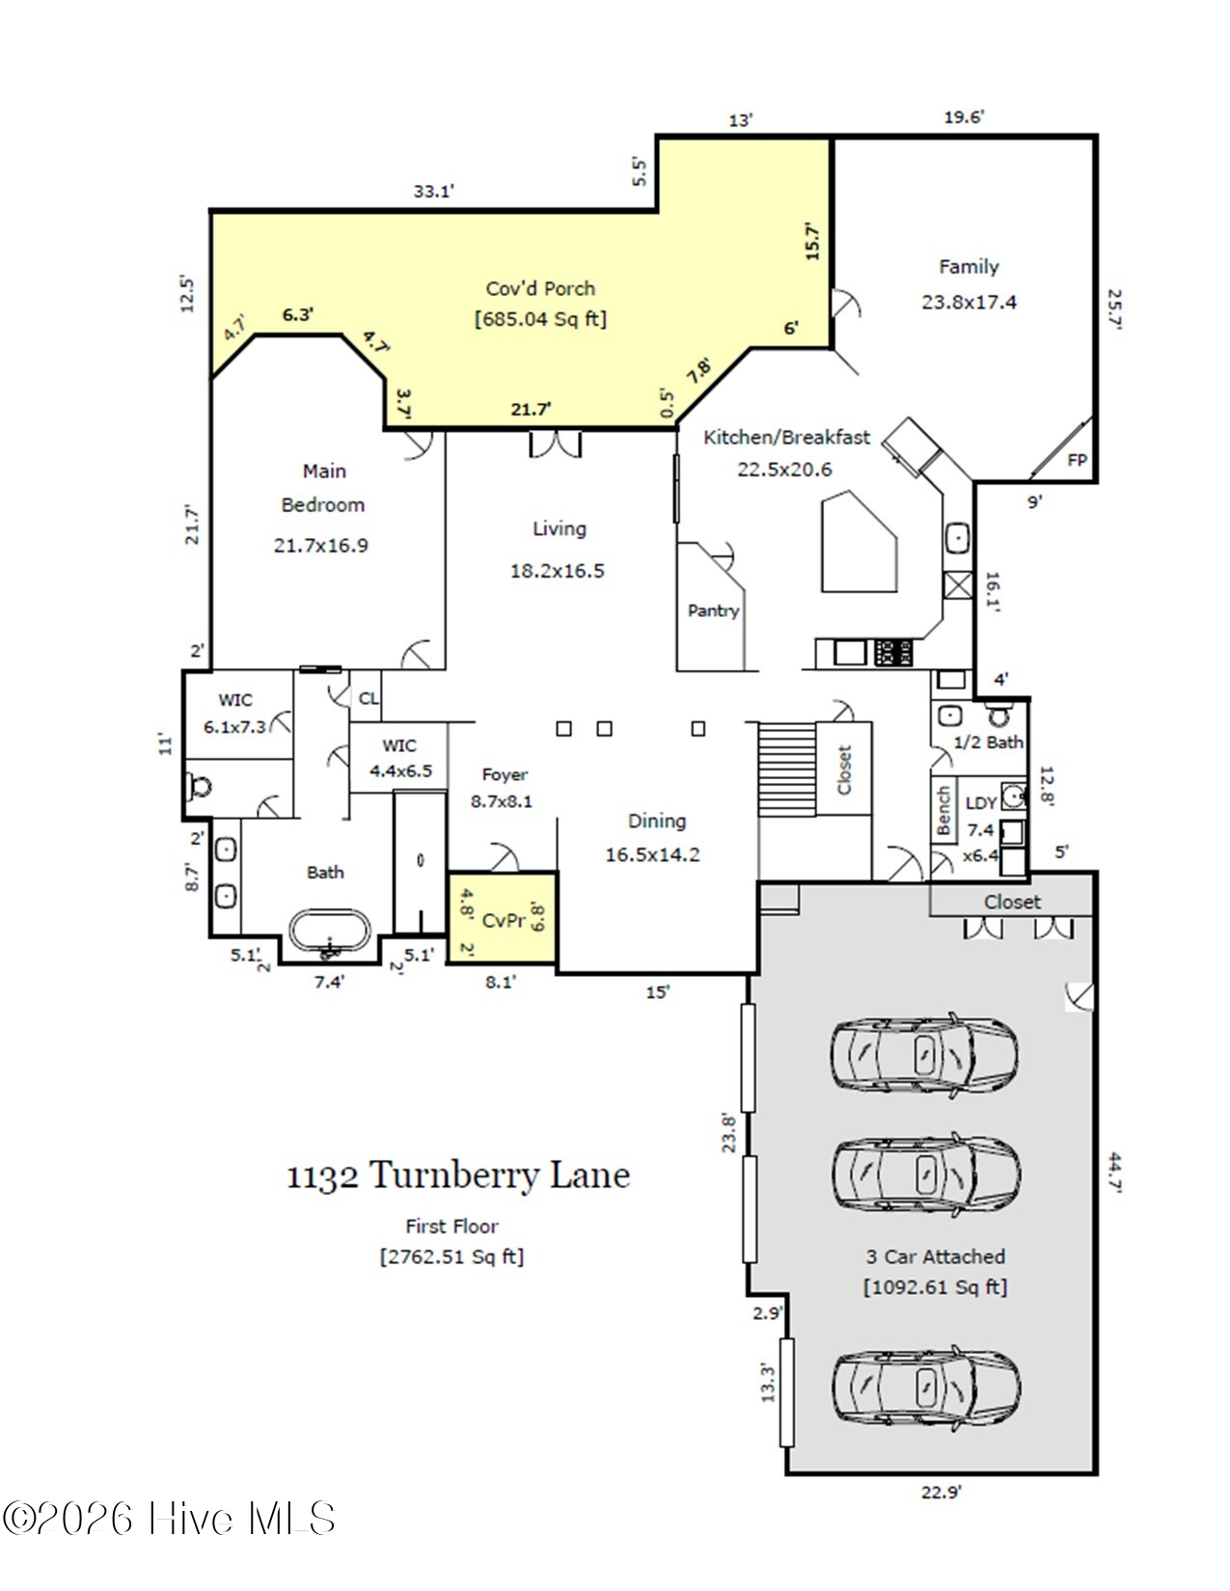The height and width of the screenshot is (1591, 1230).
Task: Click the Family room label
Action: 969,266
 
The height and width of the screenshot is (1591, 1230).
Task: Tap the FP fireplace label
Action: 1077,460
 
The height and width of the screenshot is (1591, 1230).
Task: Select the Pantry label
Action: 713,610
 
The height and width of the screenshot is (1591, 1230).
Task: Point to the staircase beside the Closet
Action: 787,769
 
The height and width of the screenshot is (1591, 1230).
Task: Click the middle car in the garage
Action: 926,1175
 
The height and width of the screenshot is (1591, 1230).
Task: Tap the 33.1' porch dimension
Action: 434,192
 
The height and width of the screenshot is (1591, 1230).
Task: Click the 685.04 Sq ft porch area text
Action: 540,319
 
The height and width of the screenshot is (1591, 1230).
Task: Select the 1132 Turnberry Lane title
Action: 458,1175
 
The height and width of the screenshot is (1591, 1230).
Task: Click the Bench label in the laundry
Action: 943,811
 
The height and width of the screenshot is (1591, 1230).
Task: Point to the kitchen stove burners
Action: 893,652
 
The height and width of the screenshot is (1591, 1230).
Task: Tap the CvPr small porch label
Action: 504,920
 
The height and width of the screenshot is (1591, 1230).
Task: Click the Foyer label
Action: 505,774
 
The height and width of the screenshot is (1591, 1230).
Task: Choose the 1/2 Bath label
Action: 988,742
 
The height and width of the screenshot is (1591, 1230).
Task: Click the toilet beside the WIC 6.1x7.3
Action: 199,787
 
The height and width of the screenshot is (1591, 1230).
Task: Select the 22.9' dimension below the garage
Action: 941,1492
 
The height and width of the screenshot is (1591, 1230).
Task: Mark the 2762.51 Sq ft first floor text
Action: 452,1256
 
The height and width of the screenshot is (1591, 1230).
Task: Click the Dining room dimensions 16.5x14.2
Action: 652,854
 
